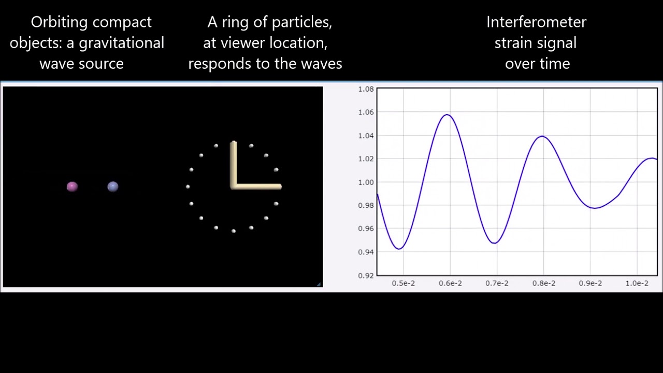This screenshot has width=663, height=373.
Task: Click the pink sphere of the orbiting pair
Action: click(x=72, y=187)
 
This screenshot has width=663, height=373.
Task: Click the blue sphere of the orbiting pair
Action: click(x=113, y=187)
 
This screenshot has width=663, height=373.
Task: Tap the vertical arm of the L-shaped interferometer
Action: click(x=234, y=163)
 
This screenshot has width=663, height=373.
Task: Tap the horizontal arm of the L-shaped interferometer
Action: click(x=257, y=187)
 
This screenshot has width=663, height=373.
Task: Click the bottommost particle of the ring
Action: click(x=234, y=231)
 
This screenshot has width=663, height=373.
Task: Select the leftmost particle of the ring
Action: click(x=188, y=187)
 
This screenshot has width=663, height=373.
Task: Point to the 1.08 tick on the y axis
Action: click(x=366, y=89)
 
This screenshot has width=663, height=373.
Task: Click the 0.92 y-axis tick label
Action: click(x=366, y=275)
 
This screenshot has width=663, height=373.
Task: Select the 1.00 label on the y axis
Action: click(x=366, y=182)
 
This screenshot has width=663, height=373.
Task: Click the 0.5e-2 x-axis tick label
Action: click(x=403, y=283)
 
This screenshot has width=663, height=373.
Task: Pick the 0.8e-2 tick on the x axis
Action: click(x=543, y=283)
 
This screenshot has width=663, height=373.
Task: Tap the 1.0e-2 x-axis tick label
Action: click(x=637, y=283)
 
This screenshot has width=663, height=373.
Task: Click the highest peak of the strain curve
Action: click(x=447, y=114)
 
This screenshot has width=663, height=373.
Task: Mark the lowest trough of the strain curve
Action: click(x=399, y=249)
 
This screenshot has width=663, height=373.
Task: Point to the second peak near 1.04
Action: click(x=542, y=136)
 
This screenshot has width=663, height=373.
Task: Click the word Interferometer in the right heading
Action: click(x=536, y=22)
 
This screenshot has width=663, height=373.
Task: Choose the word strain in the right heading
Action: click(x=512, y=42)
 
